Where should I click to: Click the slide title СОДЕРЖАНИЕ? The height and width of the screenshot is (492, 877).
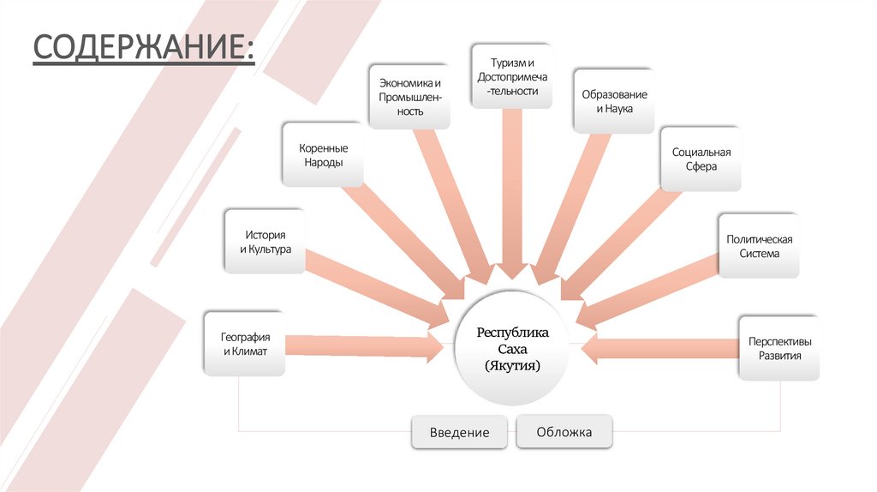click(x=143, y=48)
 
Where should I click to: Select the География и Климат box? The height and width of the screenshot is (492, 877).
click(x=244, y=344)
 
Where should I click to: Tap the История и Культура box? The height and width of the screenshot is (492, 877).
click(x=265, y=241)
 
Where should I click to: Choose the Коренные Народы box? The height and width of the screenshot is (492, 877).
click(x=323, y=154)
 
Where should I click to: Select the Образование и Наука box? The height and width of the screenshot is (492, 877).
click(x=613, y=101)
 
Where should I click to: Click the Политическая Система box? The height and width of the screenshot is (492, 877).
click(x=758, y=246)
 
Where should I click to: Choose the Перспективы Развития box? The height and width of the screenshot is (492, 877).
click(x=779, y=348)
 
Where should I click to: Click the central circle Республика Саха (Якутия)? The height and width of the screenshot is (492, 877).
click(x=512, y=348)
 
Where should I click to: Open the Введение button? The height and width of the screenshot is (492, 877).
click(x=460, y=432)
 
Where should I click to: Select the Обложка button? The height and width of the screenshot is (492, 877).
click(x=564, y=432)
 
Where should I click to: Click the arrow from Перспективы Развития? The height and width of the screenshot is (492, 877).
click(x=659, y=348)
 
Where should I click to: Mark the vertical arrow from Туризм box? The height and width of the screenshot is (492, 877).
click(x=510, y=197)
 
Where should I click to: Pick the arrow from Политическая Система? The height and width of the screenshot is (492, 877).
click(x=651, y=291)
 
